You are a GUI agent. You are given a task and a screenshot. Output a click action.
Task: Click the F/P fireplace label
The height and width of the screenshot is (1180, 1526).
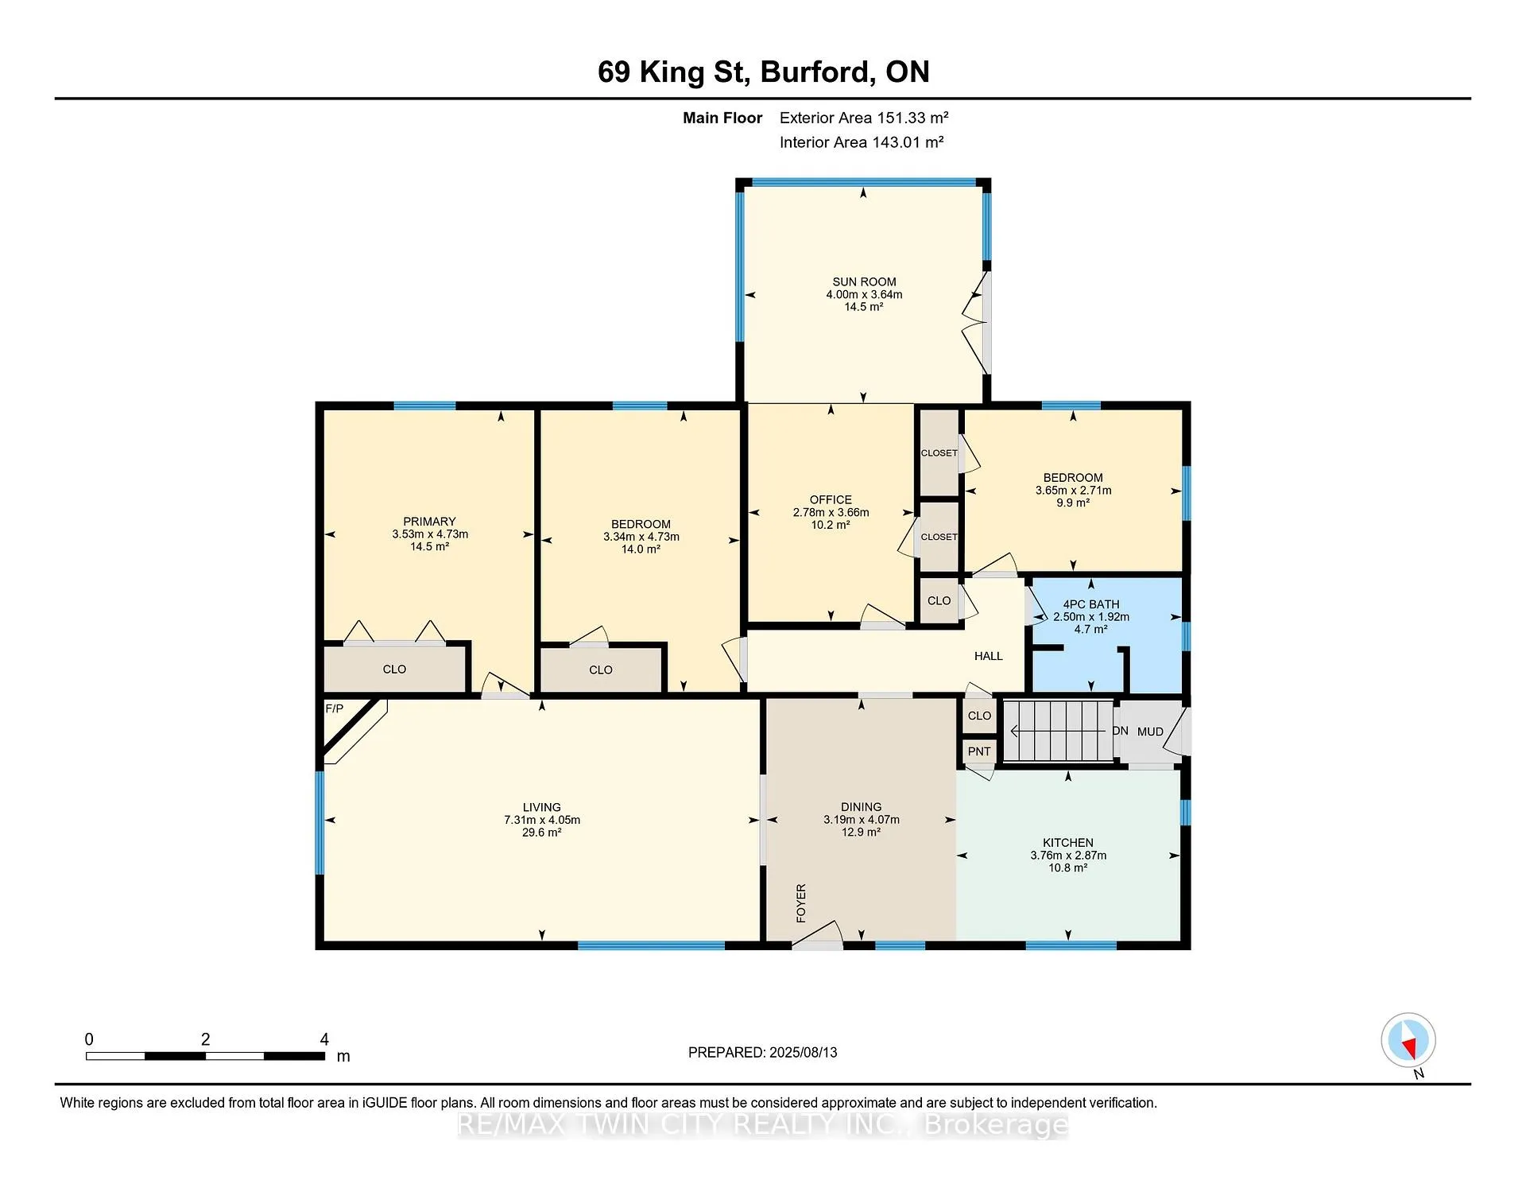click(x=334, y=708)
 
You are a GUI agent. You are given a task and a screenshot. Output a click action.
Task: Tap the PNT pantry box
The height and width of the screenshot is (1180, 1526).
click(x=979, y=751)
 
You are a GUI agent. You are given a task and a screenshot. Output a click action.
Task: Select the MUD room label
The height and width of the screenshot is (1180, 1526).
click(x=1150, y=732)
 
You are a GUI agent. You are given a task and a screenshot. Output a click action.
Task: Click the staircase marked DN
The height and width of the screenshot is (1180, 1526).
click(x=1057, y=731)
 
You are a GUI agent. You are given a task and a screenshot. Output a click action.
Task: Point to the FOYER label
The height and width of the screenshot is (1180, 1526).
click(x=801, y=902)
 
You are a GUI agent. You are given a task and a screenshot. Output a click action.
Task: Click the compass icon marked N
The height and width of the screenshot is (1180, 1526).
click(x=1408, y=1040)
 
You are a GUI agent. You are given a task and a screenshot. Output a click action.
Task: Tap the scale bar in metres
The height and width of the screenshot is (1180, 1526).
click(x=205, y=1056)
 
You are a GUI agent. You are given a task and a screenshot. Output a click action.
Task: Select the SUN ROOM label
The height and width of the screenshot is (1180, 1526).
click(x=864, y=281)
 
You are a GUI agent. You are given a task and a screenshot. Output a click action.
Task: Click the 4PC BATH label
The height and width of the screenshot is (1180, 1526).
click(x=1091, y=604)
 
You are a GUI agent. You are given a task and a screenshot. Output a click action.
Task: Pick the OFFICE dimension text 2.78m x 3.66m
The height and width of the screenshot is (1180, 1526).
click(x=831, y=513)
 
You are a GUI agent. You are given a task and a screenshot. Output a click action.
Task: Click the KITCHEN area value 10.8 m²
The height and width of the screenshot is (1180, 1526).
click(x=1068, y=868)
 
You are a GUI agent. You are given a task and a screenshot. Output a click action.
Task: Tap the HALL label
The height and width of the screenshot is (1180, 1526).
click(x=989, y=656)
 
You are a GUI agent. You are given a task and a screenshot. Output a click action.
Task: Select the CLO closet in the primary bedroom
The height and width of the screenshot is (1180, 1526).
click(x=394, y=670)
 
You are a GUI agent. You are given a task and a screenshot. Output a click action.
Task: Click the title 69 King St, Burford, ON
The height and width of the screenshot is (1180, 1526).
click(x=764, y=72)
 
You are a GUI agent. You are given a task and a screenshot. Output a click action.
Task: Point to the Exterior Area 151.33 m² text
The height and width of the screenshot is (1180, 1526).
click(x=864, y=118)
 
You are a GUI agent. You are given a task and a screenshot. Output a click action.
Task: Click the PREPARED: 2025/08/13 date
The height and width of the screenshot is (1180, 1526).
click(x=763, y=1052)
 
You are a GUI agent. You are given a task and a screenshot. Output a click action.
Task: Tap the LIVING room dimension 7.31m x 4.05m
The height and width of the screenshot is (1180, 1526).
click(x=542, y=820)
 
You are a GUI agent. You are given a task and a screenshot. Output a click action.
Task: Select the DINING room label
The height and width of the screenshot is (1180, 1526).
click(x=862, y=807)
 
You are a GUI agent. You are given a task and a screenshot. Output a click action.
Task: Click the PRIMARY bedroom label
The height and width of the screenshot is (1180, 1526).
click(x=429, y=522)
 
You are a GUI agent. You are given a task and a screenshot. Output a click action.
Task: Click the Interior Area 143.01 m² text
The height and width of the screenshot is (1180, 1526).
click(x=862, y=142)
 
